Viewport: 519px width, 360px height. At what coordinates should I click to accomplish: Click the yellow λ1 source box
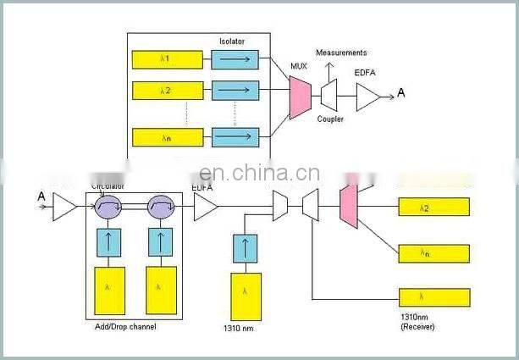168,58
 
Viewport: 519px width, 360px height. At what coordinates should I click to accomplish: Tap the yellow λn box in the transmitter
168,136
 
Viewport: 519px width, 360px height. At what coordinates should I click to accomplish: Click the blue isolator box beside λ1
235,58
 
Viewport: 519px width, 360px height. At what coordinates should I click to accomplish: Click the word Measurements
341,53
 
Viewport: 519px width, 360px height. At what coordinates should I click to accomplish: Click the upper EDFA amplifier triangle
367,97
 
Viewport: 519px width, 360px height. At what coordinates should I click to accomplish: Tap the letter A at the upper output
401,92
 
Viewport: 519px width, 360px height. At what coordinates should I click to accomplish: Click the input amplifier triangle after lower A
64,206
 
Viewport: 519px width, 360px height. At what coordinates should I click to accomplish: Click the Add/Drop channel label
125,326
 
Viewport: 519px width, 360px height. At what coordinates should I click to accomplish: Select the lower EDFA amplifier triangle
205,207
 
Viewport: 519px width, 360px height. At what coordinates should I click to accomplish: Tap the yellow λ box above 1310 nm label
246,296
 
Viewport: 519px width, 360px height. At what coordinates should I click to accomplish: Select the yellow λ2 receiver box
433,207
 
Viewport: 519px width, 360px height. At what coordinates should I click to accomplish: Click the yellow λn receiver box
433,253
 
